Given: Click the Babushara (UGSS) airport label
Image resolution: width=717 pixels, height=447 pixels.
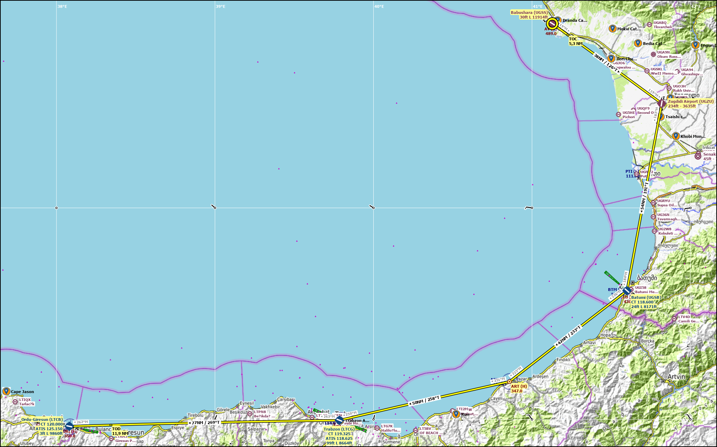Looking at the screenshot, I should pyautogui.click(x=529, y=12).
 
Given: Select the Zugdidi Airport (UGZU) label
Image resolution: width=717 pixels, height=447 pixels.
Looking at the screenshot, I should pyautogui.click(x=691, y=101).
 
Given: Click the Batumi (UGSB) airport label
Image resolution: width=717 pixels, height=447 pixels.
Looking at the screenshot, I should pyautogui.click(x=646, y=297).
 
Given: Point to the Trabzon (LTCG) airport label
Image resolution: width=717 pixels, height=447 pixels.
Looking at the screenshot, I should pyautogui.click(x=339, y=429).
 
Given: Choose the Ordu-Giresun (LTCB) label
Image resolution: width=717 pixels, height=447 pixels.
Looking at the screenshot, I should pyautogui.click(x=42, y=420).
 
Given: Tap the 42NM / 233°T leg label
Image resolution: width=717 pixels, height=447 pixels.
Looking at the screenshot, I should pyautogui.click(x=568, y=336).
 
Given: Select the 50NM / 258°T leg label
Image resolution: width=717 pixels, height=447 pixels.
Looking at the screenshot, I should pyautogui.click(x=424, y=401).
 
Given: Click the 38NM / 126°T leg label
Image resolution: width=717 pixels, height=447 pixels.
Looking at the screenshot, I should pyautogui.click(x=606, y=63).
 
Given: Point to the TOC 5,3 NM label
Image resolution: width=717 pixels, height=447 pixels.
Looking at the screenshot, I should pyautogui.click(x=576, y=41).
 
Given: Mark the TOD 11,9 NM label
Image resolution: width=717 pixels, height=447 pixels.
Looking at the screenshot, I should pyautogui.click(x=120, y=431).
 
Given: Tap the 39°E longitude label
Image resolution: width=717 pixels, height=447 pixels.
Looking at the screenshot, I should pyautogui.click(x=220, y=6).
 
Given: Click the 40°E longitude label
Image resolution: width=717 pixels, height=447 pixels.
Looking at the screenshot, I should pyautogui.click(x=379, y=6).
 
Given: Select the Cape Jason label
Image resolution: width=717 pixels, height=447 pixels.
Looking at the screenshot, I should pyautogui.click(x=22, y=392).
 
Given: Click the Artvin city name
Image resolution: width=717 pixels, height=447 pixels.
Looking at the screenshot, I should pyautogui.click(x=676, y=377).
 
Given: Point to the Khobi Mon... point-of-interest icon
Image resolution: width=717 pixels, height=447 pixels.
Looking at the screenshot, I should pyautogui.click(x=676, y=136).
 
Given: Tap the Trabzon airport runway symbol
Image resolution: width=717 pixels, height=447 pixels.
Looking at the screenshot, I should pyautogui.click(x=339, y=421).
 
